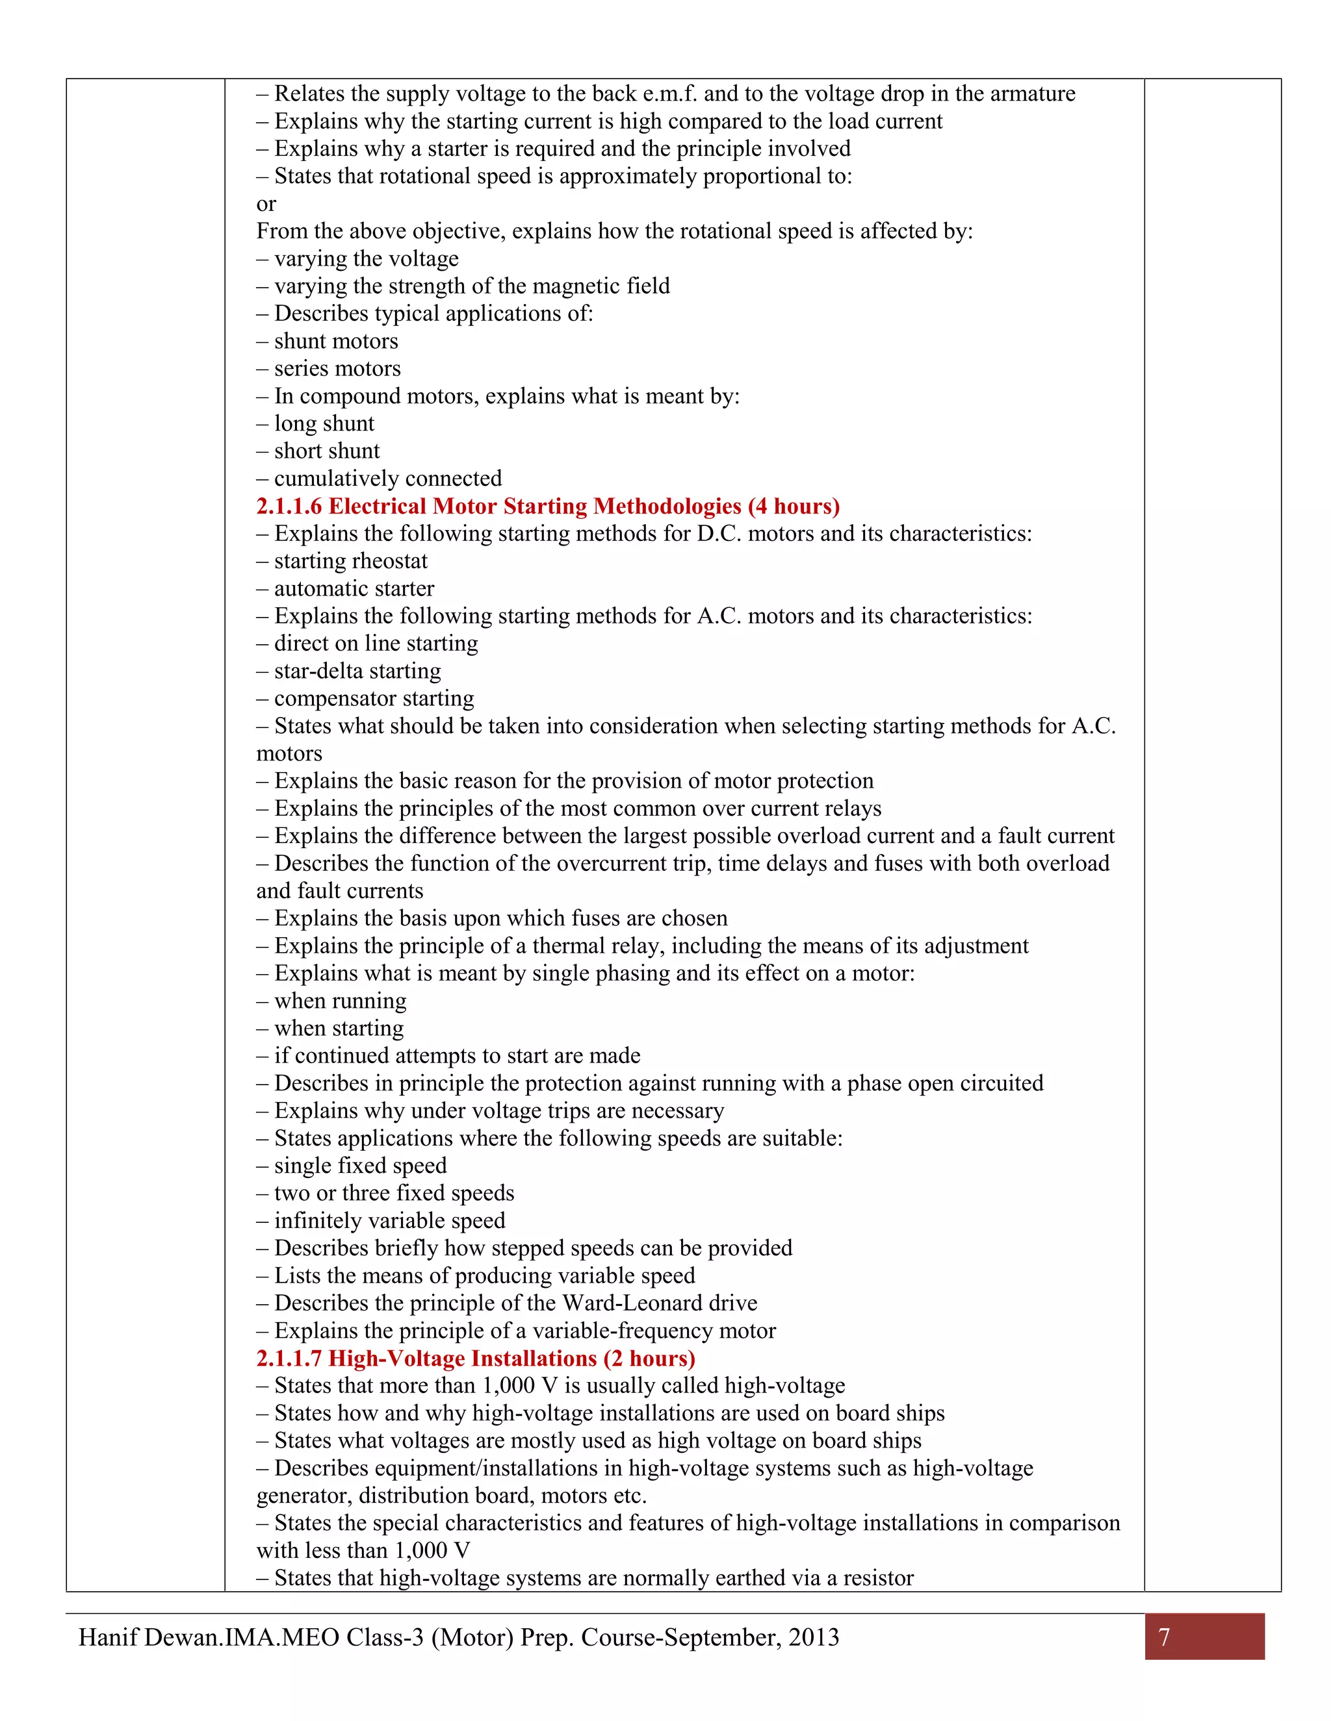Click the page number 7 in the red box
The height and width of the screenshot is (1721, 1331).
[1164, 1637]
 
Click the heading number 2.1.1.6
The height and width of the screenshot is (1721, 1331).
[289, 507]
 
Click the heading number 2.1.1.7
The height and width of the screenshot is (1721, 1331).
[289, 1359]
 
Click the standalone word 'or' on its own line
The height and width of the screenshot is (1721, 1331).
[266, 204]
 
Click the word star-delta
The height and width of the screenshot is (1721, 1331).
[317, 672]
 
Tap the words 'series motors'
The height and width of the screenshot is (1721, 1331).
[337, 369]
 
